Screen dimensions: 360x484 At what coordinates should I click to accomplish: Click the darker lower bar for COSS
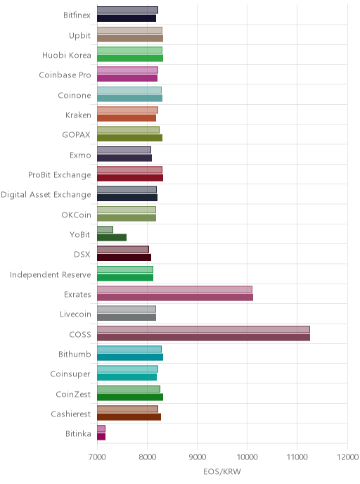click(x=203, y=337)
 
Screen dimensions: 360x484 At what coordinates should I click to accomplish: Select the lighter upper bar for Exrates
click(x=174, y=289)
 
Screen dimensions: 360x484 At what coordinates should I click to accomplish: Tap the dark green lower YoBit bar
click(x=112, y=237)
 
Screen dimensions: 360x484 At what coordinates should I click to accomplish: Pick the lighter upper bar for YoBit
click(x=105, y=229)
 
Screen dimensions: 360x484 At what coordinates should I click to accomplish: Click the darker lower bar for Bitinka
click(x=101, y=436)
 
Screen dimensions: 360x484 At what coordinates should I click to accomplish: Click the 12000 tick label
click(x=347, y=457)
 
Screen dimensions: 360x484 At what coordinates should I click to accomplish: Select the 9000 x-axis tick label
click(x=197, y=457)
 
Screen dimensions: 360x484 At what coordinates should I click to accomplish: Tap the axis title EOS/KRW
click(x=222, y=471)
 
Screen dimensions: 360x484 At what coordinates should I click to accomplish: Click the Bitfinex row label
click(x=77, y=15)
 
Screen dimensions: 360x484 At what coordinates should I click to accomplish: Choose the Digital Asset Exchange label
click(x=46, y=195)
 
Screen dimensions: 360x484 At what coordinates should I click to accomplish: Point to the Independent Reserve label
click(x=51, y=274)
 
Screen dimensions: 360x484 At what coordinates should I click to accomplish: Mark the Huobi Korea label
click(x=67, y=56)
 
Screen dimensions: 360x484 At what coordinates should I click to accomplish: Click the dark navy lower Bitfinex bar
click(x=127, y=18)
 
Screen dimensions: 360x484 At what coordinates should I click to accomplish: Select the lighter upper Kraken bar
click(x=127, y=110)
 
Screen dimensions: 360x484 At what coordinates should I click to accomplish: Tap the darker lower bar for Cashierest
click(x=129, y=416)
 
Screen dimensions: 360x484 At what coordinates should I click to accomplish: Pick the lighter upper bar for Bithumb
click(x=129, y=349)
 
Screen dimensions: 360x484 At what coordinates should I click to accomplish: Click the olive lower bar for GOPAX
click(x=129, y=138)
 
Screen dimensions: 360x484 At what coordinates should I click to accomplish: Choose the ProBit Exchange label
click(x=60, y=174)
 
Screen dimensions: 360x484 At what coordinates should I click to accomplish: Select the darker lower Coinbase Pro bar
click(x=127, y=78)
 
